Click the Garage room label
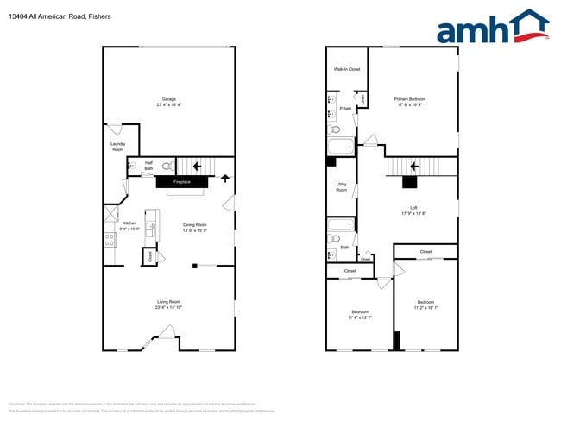[169, 99]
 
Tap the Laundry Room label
[117, 147]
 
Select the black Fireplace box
[181, 182]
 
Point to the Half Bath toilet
[168, 165]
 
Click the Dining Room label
[195, 225]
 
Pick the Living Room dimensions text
[168, 308]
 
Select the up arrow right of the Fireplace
[226, 179]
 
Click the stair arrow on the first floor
[196, 165]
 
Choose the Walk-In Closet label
[347, 69]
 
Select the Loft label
[413, 208]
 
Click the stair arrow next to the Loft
[414, 166]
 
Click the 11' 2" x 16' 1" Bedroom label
[426, 305]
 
